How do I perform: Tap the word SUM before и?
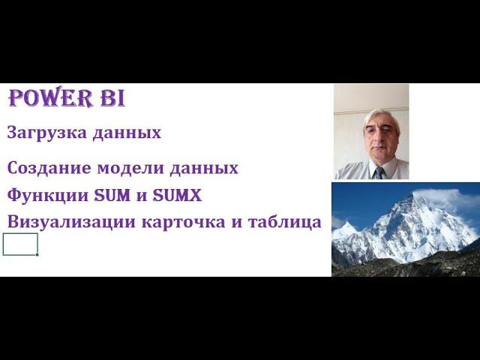click(111, 195)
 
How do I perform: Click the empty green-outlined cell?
click(20, 244)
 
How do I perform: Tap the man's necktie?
click(380, 172)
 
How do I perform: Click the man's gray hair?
click(379, 117)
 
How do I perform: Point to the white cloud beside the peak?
click(454, 199)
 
